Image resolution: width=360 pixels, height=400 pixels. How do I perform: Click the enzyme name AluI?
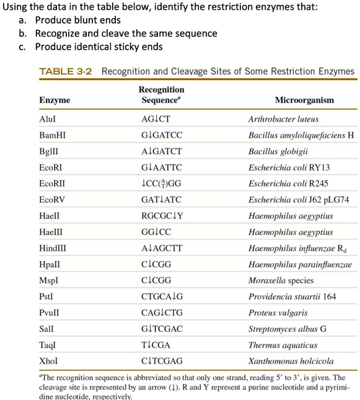(48, 119)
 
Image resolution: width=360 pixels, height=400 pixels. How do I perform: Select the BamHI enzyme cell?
(52, 135)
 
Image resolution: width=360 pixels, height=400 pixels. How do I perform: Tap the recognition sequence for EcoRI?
(162, 167)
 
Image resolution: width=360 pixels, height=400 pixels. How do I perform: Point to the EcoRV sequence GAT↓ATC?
(162, 200)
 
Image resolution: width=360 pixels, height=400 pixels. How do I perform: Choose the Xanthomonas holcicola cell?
(291, 361)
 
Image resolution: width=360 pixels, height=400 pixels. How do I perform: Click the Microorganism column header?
(304, 100)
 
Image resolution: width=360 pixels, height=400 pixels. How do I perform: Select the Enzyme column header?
(55, 100)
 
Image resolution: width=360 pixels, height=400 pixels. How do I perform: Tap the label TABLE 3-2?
(65, 71)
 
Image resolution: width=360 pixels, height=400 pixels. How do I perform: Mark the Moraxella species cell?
(280, 280)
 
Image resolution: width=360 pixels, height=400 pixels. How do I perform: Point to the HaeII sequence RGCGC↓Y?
(162, 216)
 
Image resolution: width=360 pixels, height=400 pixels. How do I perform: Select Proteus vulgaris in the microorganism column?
(277, 313)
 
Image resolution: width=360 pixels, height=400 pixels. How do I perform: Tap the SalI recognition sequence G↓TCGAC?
(162, 329)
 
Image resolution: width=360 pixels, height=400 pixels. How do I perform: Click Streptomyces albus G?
(287, 329)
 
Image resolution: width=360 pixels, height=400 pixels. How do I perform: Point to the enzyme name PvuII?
(50, 313)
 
